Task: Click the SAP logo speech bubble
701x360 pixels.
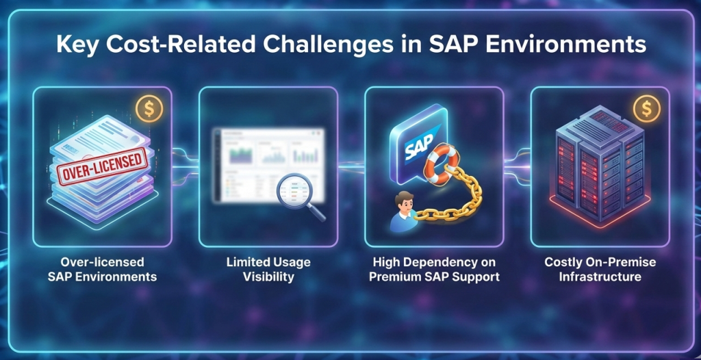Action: pos(416,148)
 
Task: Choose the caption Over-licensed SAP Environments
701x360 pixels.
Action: pos(102,270)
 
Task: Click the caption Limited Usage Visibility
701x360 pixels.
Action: pos(268,270)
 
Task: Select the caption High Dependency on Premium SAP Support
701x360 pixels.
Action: pos(434,270)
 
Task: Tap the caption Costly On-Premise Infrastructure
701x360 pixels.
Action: pos(600,270)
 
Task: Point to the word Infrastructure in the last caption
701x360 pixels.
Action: pos(600,277)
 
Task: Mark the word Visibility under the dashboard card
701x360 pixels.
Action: pos(268,277)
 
